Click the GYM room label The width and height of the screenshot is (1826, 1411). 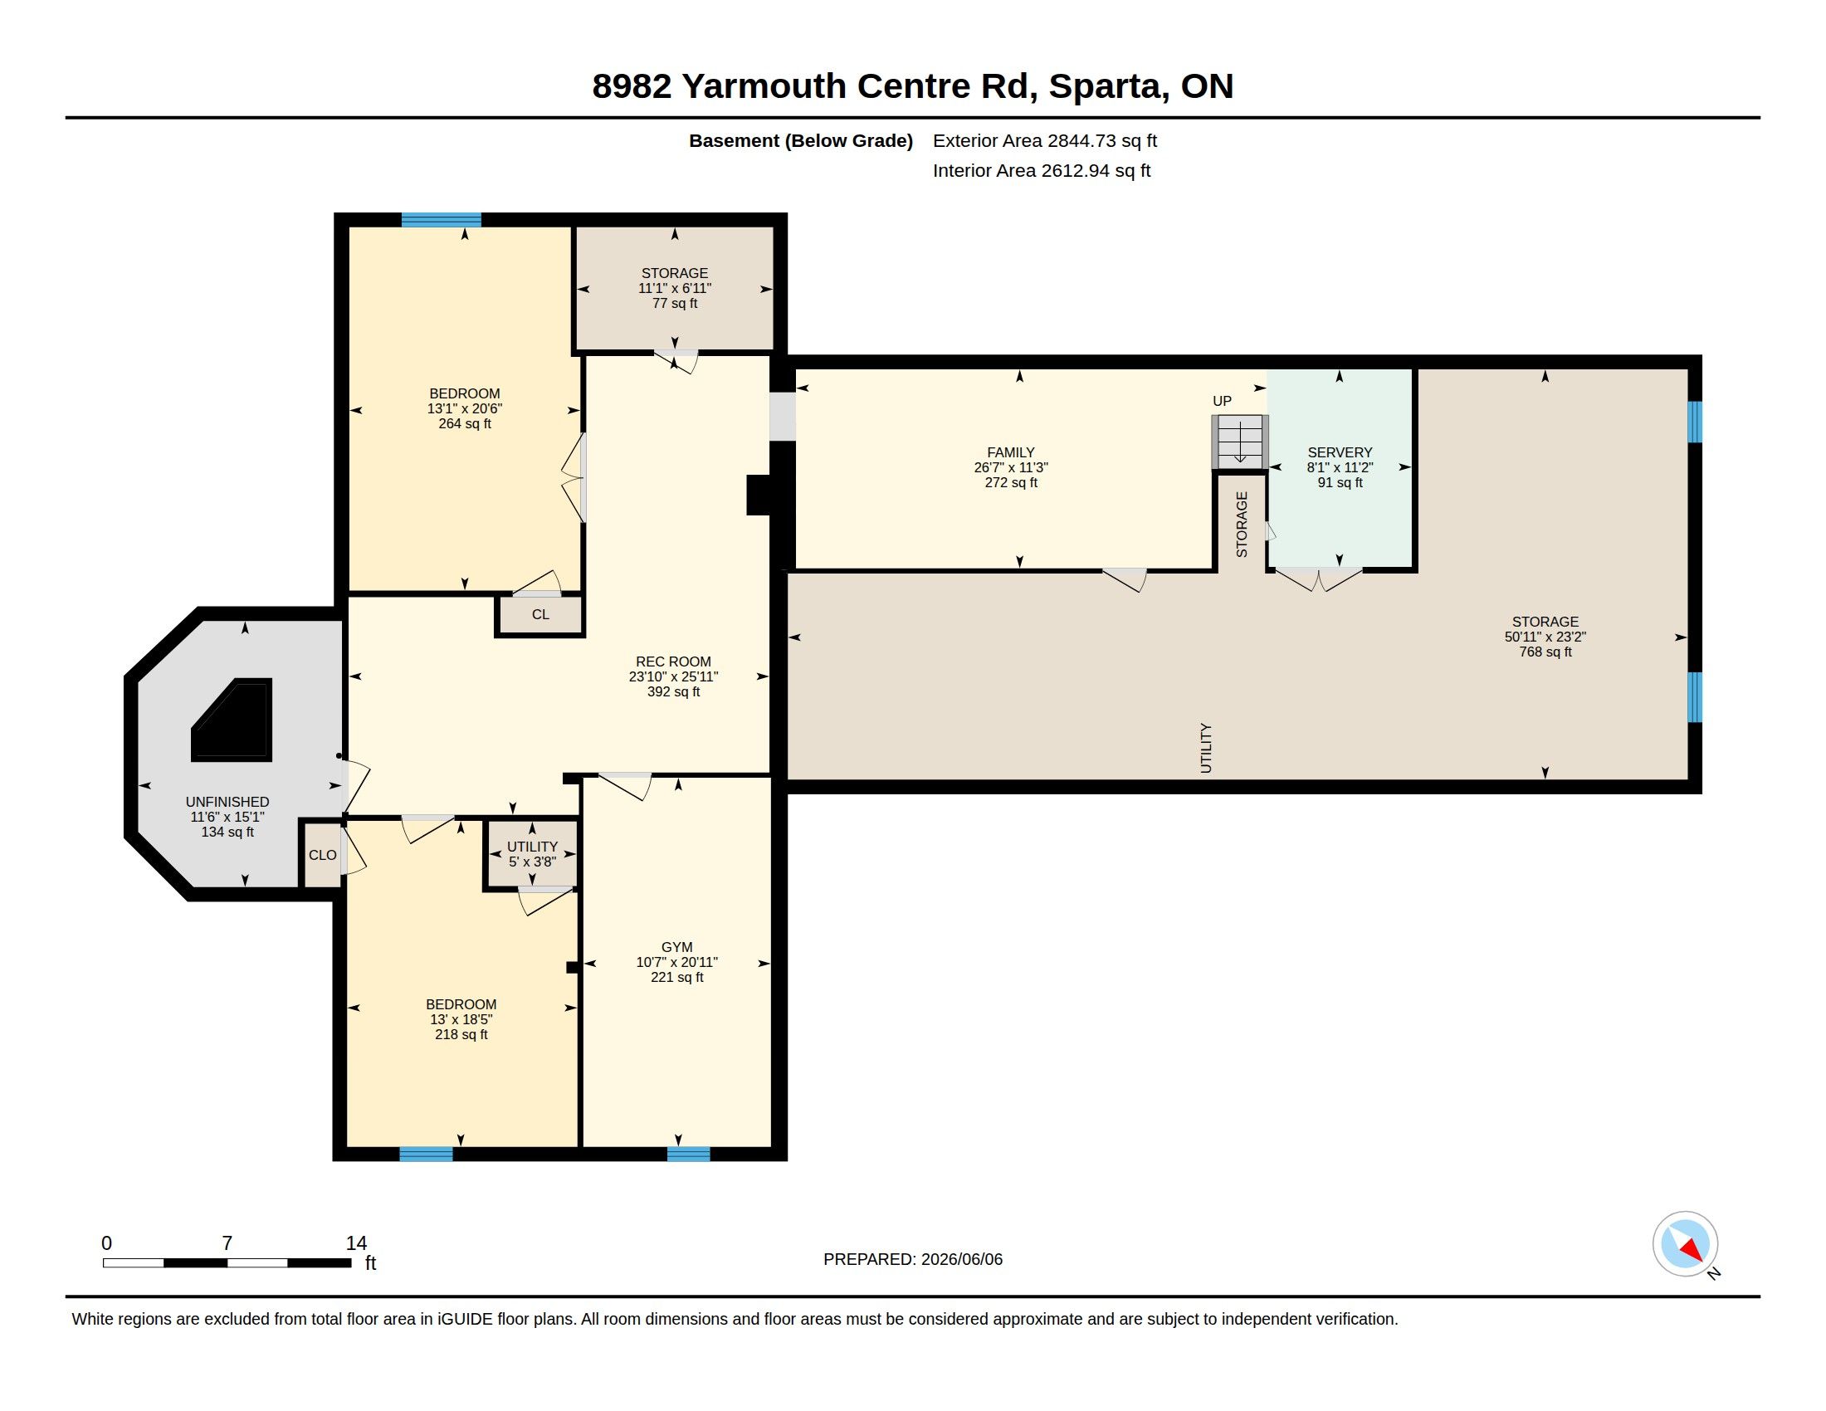point(676,947)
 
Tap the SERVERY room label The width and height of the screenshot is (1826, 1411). point(1340,452)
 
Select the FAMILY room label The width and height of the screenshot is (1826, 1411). point(1011,452)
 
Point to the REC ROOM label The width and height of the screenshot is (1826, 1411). point(673,662)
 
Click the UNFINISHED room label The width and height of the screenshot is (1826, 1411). point(227,802)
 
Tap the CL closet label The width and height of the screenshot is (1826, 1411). point(540,614)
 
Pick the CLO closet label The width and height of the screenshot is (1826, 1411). point(323,855)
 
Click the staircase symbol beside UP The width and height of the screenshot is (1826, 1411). point(1240,442)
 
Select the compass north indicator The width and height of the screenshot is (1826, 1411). point(1685,1244)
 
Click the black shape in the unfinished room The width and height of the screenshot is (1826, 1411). point(233,720)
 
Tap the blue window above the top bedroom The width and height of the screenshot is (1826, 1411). point(442,220)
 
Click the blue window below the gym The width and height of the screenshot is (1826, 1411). point(688,1155)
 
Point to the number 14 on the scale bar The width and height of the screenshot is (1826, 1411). point(356,1243)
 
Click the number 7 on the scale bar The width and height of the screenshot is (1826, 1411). point(227,1243)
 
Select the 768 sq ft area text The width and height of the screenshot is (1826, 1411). point(1545,652)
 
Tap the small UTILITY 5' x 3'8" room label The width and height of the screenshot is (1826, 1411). point(533,853)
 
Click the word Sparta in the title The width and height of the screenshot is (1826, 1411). point(1110,86)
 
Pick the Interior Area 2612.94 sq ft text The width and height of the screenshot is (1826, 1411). point(1042,170)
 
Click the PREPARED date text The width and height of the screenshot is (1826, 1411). point(913,1259)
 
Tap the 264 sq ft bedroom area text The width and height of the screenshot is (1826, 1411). point(465,424)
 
